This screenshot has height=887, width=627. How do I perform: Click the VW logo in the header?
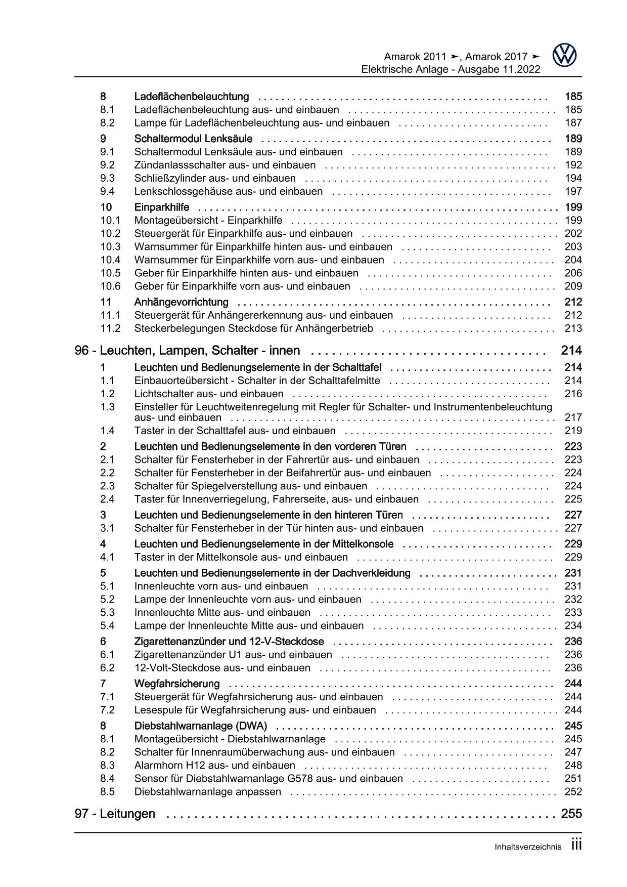tap(564, 55)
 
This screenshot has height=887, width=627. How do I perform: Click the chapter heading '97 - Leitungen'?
tap(115, 814)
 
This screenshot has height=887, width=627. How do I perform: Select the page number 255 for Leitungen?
tap(571, 814)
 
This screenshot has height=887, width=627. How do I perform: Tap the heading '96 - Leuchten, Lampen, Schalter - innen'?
tap(187, 351)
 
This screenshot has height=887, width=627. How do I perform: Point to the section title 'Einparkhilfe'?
tap(162, 207)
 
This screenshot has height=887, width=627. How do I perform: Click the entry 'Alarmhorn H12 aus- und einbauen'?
tap(214, 766)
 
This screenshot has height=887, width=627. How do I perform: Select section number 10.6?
tap(110, 286)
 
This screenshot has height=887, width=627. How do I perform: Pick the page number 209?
tap(573, 286)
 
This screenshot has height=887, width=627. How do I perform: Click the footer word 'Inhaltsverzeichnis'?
tap(528, 848)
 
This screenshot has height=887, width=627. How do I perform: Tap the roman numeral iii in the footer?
tap(576, 845)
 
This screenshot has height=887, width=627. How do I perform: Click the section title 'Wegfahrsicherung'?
tap(177, 684)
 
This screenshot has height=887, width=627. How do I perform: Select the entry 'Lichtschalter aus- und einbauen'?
tap(209, 394)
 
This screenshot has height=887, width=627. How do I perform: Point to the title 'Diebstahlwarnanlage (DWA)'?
tap(200, 726)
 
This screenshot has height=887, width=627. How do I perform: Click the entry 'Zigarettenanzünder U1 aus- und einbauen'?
tap(233, 655)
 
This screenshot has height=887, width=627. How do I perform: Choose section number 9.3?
tap(107, 179)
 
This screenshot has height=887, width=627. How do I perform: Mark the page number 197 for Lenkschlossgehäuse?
tap(573, 192)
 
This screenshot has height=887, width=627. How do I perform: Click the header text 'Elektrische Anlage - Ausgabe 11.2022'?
tap(451, 70)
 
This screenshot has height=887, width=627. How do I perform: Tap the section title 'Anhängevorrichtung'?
tap(181, 303)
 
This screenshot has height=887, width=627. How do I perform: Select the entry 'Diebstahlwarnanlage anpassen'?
tap(207, 792)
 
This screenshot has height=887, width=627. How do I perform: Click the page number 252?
tap(573, 792)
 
